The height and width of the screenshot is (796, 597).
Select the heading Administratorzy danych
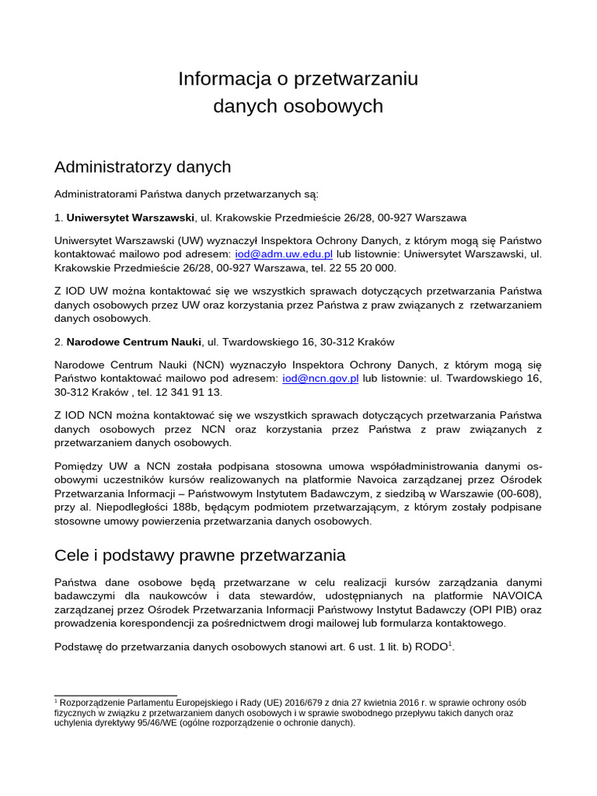(x=142, y=166)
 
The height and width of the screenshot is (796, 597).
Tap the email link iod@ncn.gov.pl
(x=320, y=379)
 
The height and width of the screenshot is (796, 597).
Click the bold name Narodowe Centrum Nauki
(x=134, y=342)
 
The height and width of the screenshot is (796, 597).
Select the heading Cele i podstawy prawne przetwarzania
(x=200, y=556)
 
